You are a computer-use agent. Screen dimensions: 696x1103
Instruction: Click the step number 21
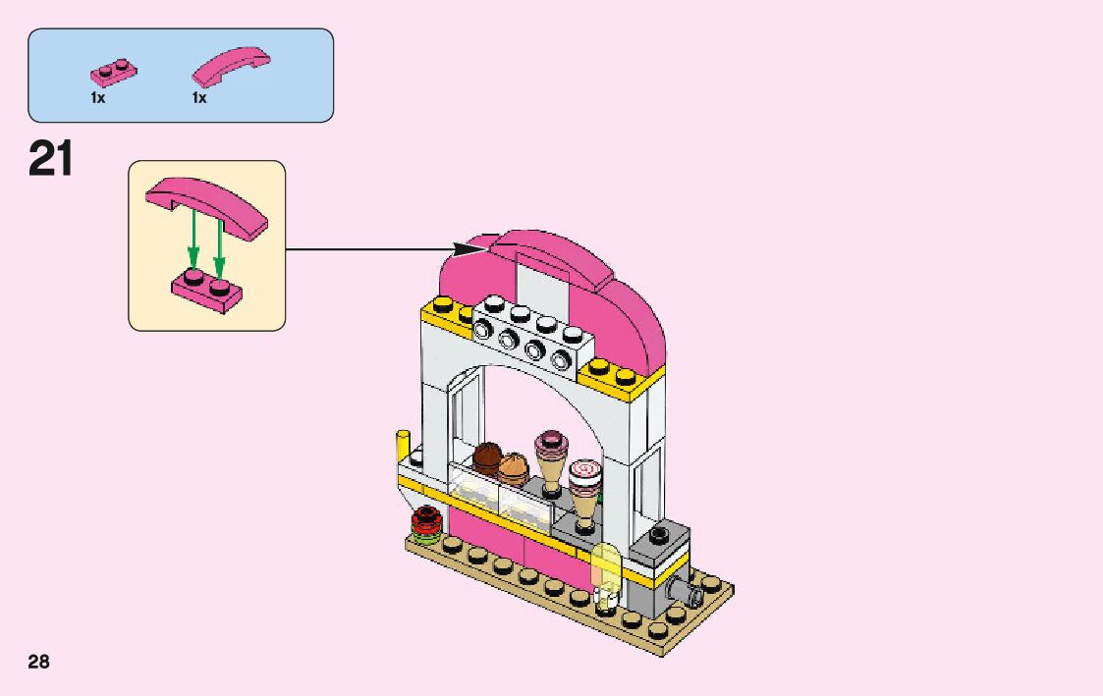[x=51, y=159]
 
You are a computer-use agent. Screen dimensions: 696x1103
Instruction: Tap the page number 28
[x=38, y=662]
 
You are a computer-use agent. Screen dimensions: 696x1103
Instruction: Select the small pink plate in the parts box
[x=113, y=73]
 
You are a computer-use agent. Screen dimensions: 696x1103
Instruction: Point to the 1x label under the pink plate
[x=97, y=98]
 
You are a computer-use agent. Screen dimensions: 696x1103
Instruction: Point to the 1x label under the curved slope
[x=199, y=98]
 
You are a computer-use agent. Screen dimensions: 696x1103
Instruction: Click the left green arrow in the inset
[x=193, y=240]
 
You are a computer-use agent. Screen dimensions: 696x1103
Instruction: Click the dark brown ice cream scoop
[x=486, y=455]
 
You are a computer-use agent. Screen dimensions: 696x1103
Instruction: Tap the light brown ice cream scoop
[x=514, y=465]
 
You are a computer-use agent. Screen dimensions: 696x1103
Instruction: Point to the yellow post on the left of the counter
[x=401, y=448]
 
